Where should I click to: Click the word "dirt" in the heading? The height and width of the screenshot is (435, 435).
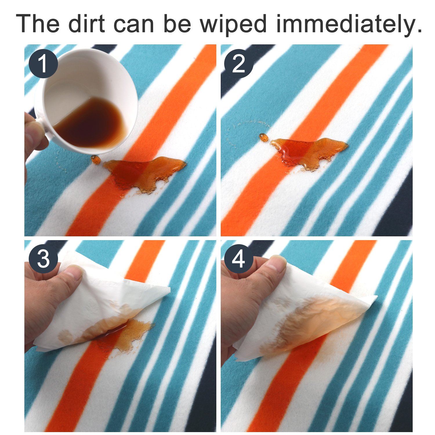tap(87, 23)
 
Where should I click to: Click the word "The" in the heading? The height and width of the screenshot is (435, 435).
tap(37, 23)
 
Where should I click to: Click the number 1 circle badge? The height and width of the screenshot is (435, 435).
tap(43, 64)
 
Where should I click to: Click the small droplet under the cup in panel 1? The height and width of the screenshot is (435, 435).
tap(95, 159)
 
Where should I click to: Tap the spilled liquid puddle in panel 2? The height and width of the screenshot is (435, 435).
tap(309, 152)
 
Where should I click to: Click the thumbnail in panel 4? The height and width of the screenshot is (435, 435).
tap(275, 264)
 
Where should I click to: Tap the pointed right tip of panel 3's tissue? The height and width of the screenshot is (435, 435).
tap(170, 289)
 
